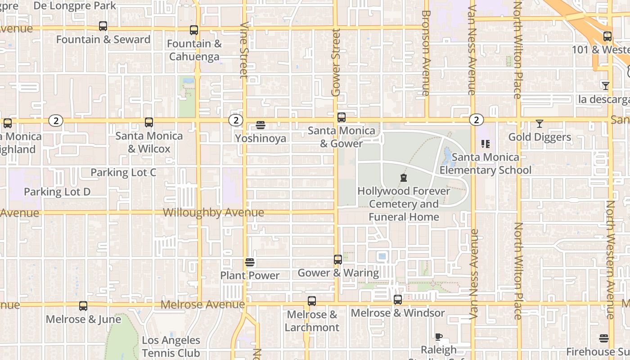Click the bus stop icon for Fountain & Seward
tap(103, 26)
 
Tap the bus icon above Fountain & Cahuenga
tap(194, 30)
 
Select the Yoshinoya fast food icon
tap(260, 125)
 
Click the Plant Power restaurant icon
tap(250, 262)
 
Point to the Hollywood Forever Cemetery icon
tap(404, 178)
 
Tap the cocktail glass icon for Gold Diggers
tap(540, 123)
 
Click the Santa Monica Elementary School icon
tap(485, 144)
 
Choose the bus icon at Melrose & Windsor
tap(398, 300)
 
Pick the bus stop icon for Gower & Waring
tap(338, 260)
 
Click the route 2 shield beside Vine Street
tap(235, 120)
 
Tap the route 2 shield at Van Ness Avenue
tap(476, 120)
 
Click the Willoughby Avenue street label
tap(213, 212)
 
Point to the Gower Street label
tap(336, 63)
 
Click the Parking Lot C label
tap(123, 172)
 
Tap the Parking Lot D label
tap(57, 192)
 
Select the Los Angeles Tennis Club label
tap(171, 346)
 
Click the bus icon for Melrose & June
tap(83, 306)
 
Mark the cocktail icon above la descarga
tap(606, 85)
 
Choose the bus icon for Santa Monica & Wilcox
tap(149, 122)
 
